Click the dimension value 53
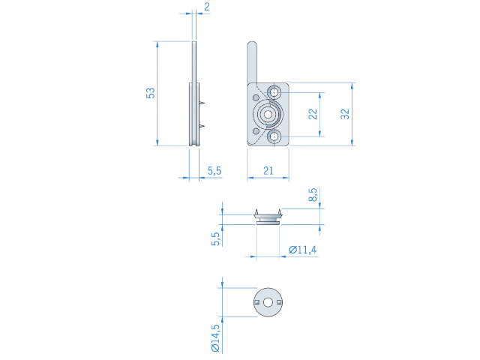click(151, 93)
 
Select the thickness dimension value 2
click(207, 7)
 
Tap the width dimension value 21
click(268, 170)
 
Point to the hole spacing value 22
click(313, 114)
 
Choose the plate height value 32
click(345, 114)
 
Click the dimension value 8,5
click(313, 195)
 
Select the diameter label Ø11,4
click(303, 250)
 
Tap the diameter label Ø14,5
click(216, 338)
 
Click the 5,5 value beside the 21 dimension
click(214, 170)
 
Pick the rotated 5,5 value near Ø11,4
click(216, 238)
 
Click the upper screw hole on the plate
click(274, 92)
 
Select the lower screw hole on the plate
click(274, 136)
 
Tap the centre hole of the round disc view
click(268, 302)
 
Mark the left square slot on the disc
click(257, 302)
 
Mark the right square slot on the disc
click(279, 302)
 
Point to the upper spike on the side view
click(202, 103)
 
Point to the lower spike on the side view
click(202, 126)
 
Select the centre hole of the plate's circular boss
click(268, 114)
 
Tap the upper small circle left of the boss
click(256, 97)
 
